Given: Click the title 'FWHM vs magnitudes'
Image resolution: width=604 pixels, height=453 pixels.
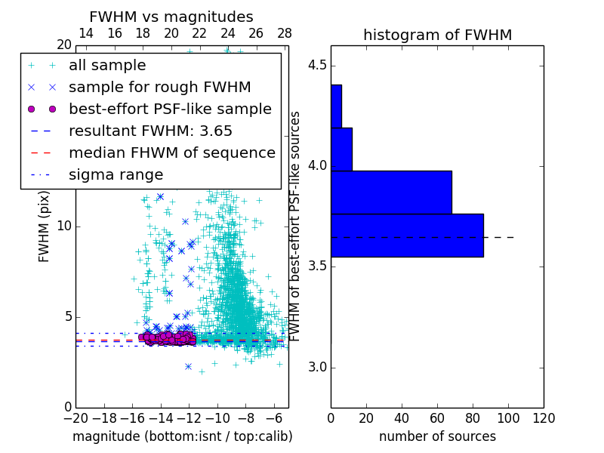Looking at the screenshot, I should coord(171,17).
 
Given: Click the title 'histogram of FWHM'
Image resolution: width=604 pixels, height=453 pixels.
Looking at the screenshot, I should coord(437,35).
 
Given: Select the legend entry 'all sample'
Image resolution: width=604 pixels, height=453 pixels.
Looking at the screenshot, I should coord(107,66).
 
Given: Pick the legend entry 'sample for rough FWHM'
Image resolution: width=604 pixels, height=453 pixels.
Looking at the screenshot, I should coord(159,87).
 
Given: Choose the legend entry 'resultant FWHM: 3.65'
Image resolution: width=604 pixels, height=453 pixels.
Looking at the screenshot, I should coord(150,131).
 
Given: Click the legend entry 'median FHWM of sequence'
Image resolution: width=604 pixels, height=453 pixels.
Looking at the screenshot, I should coord(171,153).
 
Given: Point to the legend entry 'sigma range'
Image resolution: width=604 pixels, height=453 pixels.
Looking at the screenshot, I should coord(116,174).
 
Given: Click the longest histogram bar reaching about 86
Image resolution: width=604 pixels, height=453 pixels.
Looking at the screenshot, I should coord(407,235).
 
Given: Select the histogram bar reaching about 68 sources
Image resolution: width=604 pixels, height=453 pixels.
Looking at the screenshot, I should coord(391,192).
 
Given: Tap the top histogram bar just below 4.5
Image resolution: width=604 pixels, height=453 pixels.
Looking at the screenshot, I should coord(336,106).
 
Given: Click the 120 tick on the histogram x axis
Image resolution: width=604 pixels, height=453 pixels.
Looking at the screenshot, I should coord(543,418).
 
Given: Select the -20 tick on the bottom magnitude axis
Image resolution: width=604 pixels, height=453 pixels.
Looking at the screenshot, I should coord(75,418).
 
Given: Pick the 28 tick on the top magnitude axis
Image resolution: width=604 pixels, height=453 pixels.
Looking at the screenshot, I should coord(285,33).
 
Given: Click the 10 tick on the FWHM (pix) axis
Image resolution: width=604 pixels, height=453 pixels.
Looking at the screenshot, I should coord(64,226).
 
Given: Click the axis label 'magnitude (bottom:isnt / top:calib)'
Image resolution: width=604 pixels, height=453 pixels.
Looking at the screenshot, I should coord(182,436).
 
